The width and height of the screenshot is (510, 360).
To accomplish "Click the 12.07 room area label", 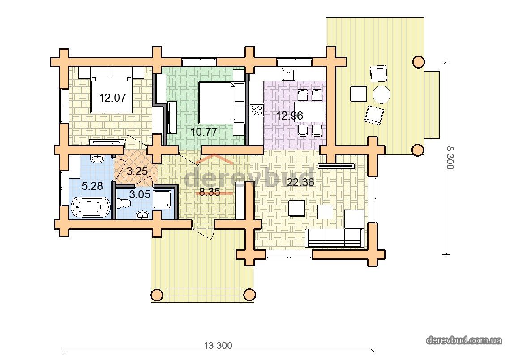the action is click(x=112, y=98).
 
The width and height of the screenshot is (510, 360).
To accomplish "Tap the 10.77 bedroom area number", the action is click(x=204, y=132).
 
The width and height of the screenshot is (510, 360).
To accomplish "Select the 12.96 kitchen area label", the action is click(x=289, y=116).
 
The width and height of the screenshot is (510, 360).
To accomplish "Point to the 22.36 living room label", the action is click(x=300, y=182).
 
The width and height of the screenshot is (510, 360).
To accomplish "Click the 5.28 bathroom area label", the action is click(x=92, y=186).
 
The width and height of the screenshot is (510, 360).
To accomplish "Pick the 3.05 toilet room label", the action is click(x=140, y=194).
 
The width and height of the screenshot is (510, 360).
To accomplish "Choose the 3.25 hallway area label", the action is click(x=137, y=171).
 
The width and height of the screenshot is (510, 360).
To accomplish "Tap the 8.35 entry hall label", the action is click(x=210, y=192).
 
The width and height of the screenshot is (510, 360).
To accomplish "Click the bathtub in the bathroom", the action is click(x=91, y=207).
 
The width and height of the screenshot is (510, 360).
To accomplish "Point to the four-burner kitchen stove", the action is click(x=257, y=110).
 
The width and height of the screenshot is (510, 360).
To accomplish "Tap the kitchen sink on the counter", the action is click(x=288, y=74).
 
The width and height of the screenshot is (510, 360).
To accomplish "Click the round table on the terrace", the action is click(x=381, y=94).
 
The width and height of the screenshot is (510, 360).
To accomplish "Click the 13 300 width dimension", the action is click(x=218, y=345).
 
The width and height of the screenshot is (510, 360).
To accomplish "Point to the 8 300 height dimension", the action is click(x=450, y=158).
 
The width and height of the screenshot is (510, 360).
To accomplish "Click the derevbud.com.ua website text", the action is click(x=464, y=340).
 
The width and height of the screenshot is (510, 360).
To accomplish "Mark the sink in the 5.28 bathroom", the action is click(x=97, y=159).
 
